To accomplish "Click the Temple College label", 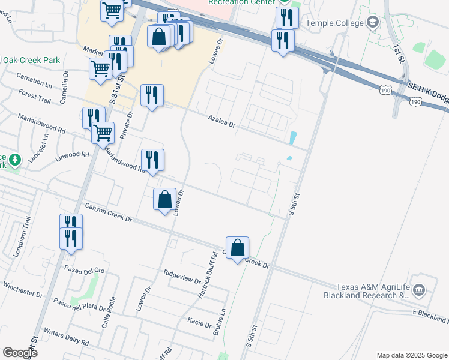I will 335,23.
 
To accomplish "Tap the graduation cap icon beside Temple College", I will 372,23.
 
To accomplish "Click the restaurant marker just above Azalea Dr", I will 152,95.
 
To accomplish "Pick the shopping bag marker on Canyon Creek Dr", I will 237,248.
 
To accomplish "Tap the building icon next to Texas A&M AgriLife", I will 419,291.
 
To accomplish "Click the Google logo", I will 20,352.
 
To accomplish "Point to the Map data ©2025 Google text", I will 412,355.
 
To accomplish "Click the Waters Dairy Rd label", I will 66,337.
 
